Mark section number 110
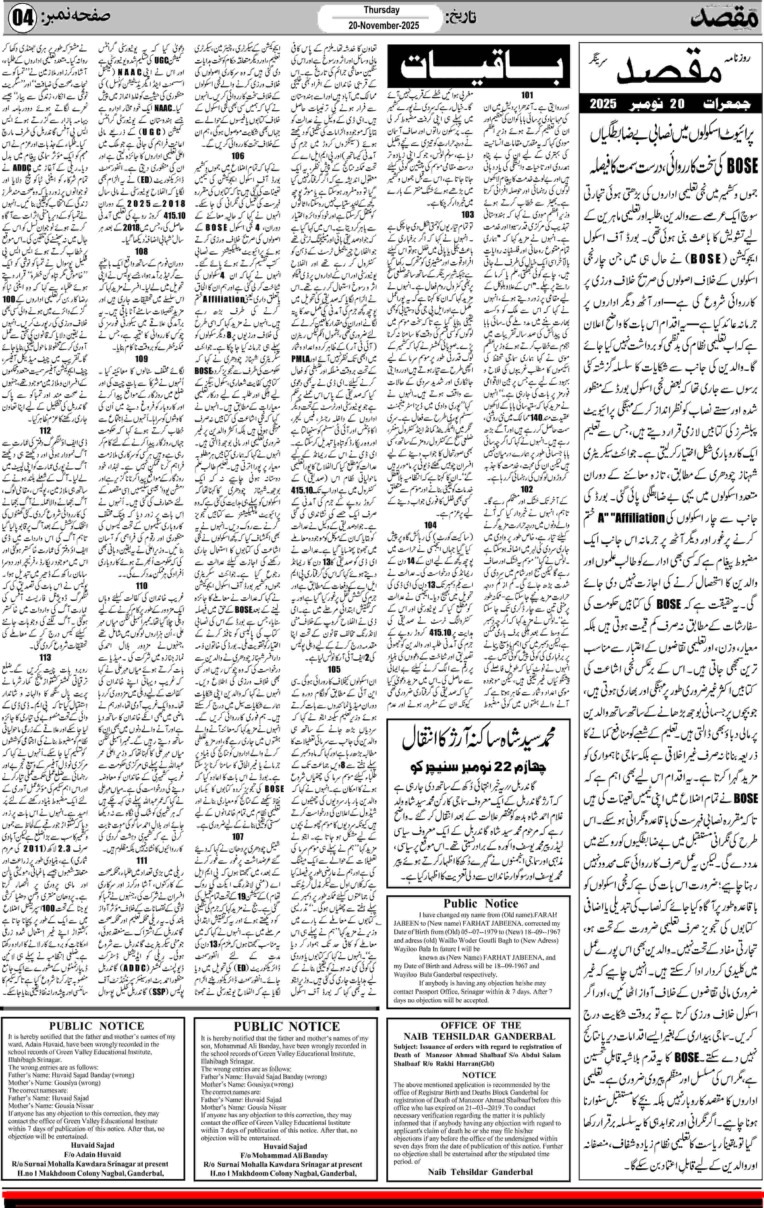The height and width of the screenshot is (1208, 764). tap(141, 585)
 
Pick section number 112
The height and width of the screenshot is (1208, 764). tap(45, 431)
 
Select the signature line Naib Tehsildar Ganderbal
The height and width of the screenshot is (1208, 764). tap(480, 1172)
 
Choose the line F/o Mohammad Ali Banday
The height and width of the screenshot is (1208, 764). tap(285, 1155)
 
